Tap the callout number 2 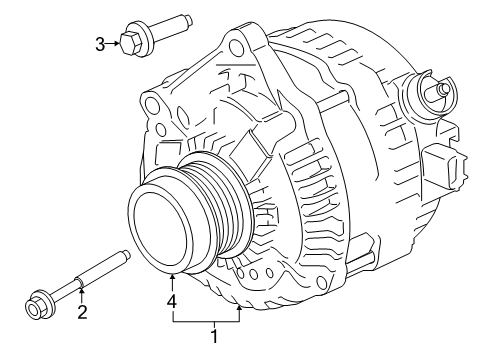[83, 313]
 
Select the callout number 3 [100, 42]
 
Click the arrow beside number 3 [113, 42]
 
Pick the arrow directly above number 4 [172, 281]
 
